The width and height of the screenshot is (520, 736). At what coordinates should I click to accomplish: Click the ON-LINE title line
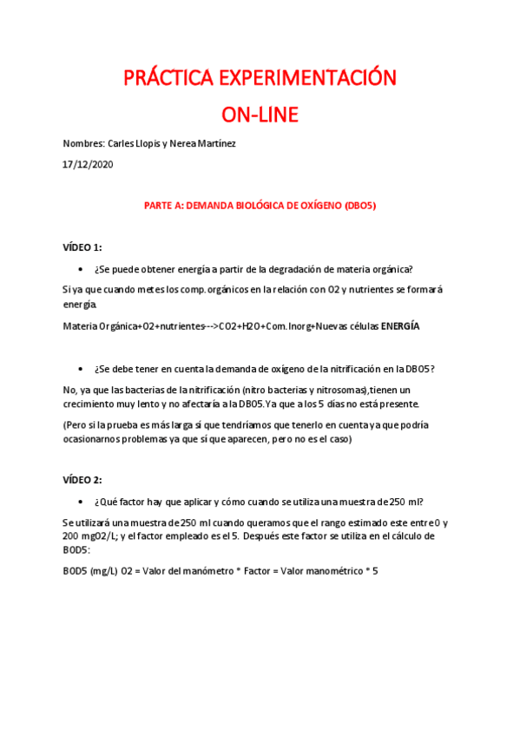click(x=260, y=115)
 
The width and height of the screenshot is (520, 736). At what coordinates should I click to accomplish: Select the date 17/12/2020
click(x=88, y=163)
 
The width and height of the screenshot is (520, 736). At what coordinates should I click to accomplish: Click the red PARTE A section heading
click(x=260, y=206)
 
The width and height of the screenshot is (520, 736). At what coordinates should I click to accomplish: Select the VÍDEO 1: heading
click(x=82, y=247)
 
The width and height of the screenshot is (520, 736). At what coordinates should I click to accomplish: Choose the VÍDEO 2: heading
click(x=82, y=480)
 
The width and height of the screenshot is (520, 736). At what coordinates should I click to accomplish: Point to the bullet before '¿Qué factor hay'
click(x=80, y=502)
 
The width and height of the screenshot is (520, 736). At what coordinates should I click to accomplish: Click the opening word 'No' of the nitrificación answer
click(x=69, y=390)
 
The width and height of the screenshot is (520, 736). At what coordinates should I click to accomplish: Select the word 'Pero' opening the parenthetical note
click(x=78, y=425)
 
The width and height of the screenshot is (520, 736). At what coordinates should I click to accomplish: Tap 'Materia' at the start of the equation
click(x=82, y=326)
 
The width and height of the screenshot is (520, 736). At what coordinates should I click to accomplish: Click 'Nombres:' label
click(x=83, y=144)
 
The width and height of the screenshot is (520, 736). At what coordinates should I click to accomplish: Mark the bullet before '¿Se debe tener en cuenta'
click(x=80, y=369)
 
